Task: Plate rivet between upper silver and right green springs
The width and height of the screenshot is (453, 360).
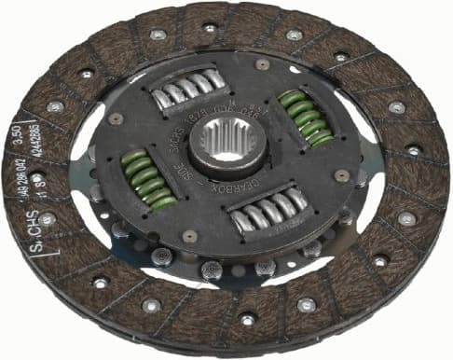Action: point(263,65)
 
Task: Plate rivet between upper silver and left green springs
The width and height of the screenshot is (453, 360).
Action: point(116,118)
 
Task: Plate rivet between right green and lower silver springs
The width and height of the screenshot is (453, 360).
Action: point(342,175)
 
